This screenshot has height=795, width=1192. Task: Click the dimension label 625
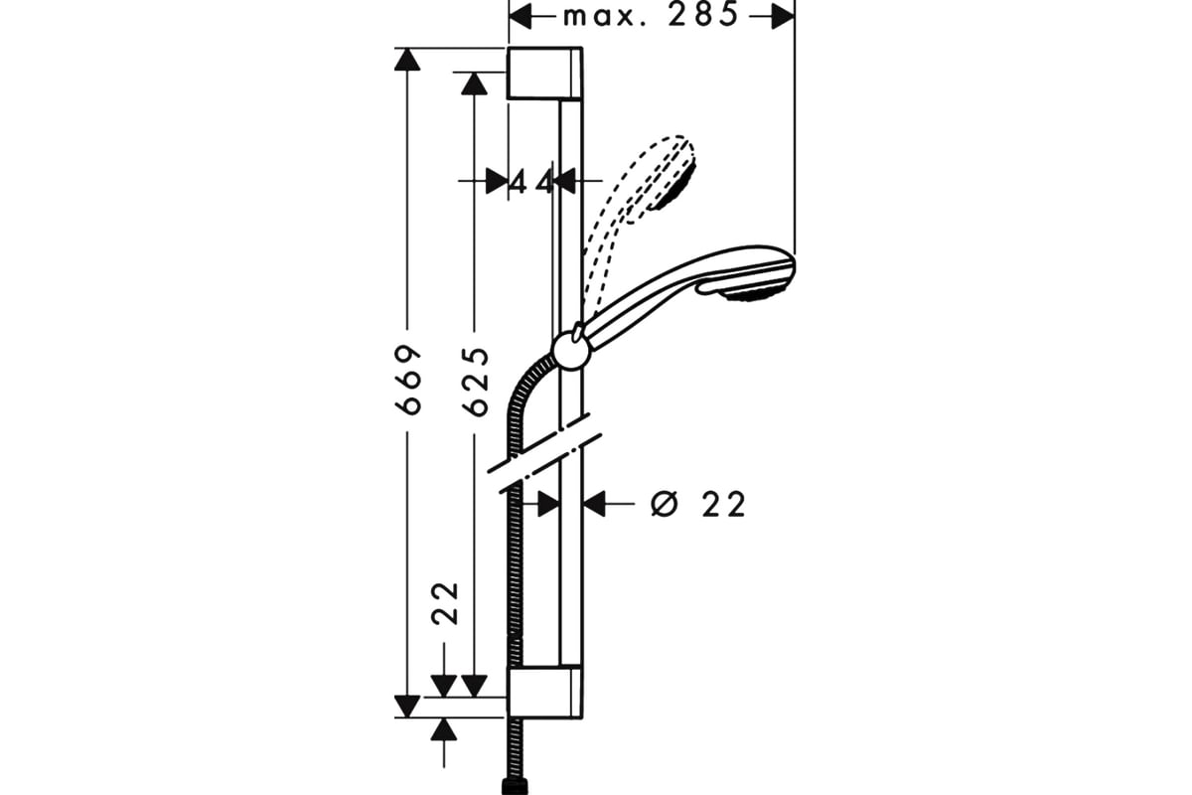pyautogui.click(x=475, y=380)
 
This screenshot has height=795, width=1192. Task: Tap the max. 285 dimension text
pyautogui.click(x=651, y=16)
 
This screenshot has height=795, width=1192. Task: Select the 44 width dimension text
pyautogui.click(x=531, y=181)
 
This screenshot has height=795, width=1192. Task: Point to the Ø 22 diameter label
pyautogui.click(x=697, y=505)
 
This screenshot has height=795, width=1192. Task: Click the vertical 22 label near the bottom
pyautogui.click(x=447, y=602)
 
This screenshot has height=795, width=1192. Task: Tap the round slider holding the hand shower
pyautogui.click(x=570, y=349)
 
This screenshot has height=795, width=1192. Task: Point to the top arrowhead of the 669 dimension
pyautogui.click(x=405, y=59)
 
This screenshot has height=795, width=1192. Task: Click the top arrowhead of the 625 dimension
pyautogui.click(x=474, y=82)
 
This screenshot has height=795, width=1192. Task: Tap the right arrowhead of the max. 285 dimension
pyautogui.click(x=783, y=16)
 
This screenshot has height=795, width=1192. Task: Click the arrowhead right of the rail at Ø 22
pyautogui.click(x=594, y=505)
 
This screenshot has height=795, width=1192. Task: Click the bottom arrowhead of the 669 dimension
pyautogui.click(x=405, y=705)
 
